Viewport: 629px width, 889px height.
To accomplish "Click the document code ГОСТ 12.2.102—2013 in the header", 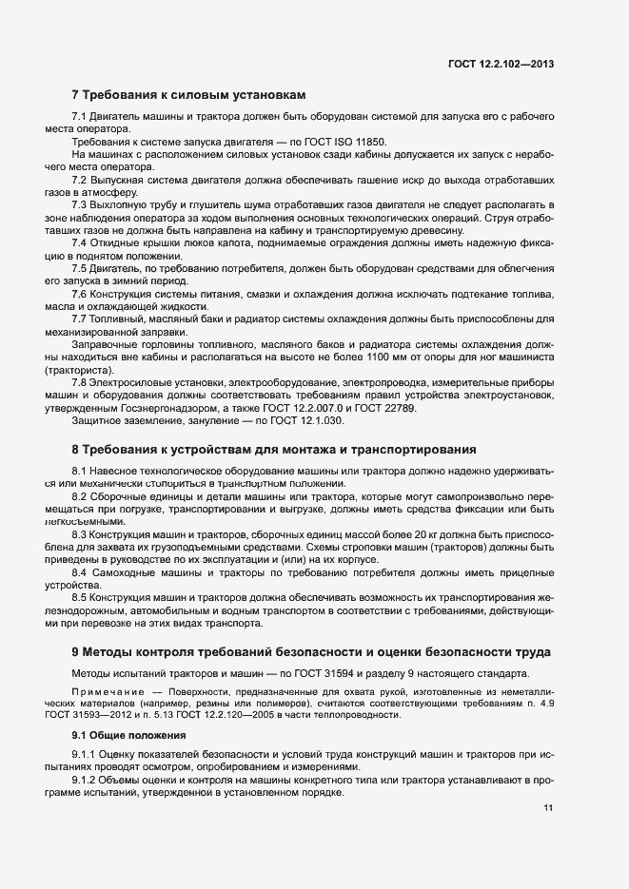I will click(501, 65).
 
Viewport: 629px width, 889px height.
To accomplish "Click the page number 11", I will click(548, 809).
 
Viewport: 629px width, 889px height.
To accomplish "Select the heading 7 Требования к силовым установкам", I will click(189, 95).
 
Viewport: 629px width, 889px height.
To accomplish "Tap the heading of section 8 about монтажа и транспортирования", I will click(274, 448).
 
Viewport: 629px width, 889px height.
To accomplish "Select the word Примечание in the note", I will click(107, 692).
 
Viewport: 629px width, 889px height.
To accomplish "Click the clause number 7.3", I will click(80, 204).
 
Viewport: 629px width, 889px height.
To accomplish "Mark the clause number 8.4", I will click(80, 573).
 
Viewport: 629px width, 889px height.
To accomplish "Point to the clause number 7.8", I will click(80, 381).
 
